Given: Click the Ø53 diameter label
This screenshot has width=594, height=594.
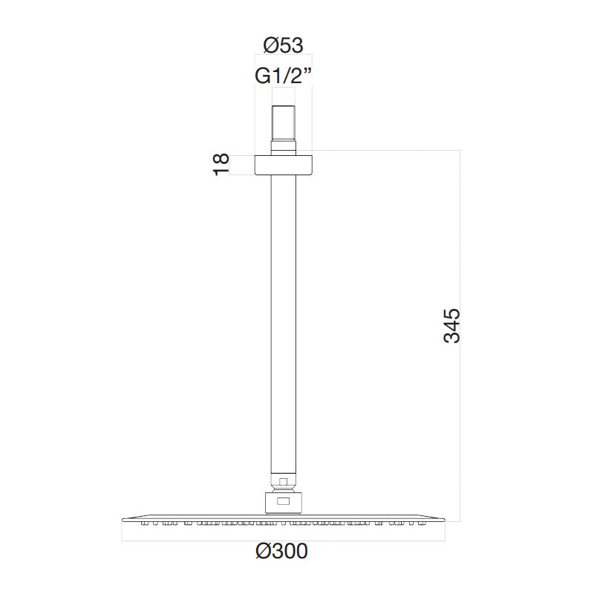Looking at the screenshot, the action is pyautogui.click(x=283, y=45).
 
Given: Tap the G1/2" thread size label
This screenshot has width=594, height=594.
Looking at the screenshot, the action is pyautogui.click(x=283, y=76).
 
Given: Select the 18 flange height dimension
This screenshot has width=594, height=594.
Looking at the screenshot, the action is pyautogui.click(x=221, y=164).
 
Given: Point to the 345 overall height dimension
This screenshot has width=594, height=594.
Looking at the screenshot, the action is pyautogui.click(x=451, y=326).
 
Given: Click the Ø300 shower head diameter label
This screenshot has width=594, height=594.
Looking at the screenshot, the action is pyautogui.click(x=281, y=551).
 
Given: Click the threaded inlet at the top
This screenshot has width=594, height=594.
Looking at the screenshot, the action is pyautogui.click(x=283, y=123).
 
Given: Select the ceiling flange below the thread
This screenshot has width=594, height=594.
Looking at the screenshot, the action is pyautogui.click(x=283, y=165).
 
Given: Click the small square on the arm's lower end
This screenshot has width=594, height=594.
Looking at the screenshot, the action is pyautogui.click(x=284, y=482).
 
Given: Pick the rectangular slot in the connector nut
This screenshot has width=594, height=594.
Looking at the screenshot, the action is pyautogui.click(x=284, y=501).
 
